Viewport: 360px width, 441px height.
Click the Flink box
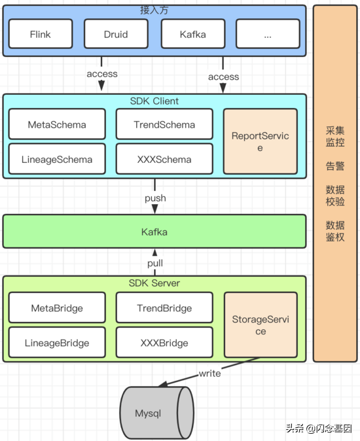41,34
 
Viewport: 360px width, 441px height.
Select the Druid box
116,34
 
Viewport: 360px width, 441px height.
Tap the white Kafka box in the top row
193,34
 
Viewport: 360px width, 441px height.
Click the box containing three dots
268,34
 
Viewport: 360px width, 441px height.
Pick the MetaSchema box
57,124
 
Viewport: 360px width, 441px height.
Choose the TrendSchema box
164,124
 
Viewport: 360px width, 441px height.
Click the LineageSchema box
57,159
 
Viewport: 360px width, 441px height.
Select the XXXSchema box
164,159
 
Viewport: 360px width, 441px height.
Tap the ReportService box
260,141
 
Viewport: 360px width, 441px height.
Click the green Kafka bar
154,232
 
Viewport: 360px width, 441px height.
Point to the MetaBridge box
57,308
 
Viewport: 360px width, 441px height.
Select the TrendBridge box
164,308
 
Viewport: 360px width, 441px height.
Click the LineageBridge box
57,342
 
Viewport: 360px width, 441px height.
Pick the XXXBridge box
164,342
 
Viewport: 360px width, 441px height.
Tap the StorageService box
261,325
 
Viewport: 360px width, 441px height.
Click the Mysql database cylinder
156,413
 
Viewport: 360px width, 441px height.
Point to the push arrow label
155,198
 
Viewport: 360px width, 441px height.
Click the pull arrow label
155,263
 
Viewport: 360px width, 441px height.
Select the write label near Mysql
210,373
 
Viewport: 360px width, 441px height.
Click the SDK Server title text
154,283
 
